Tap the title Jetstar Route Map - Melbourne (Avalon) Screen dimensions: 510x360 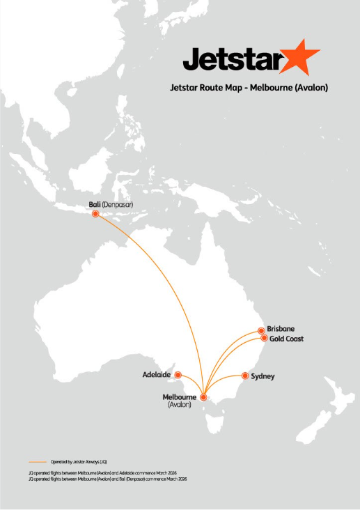coord(248,88)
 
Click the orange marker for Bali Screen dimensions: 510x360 coord(95,214)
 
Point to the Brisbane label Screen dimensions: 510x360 coord(281,329)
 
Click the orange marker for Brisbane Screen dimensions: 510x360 coord(261,330)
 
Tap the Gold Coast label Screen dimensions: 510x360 coord(286,339)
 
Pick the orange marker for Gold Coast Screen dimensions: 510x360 coord(264,338)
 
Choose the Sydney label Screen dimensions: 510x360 coord(263,376)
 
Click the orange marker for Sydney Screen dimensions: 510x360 coord(244,376)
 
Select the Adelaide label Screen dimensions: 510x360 coord(157,374)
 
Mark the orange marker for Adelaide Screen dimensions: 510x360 coord(178,374)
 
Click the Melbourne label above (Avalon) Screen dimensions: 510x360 coord(180,397)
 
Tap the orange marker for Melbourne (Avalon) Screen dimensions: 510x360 coord(203,397)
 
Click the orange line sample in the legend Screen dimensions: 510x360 coord(38,461)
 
